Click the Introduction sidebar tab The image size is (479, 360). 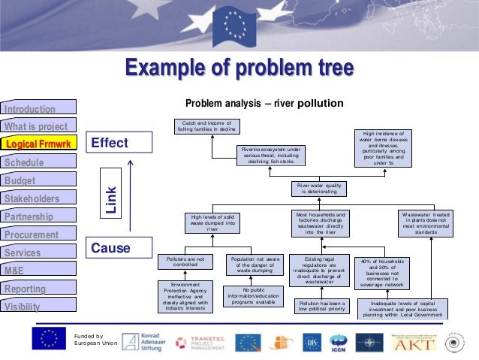[38, 109]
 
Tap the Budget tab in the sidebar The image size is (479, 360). [38, 180]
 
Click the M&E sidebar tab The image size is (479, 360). [38, 271]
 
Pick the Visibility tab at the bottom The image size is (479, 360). [38, 307]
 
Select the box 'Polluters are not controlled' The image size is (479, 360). [185, 262]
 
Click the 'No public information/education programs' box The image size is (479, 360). [249, 295]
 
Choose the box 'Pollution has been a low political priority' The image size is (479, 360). [322, 305]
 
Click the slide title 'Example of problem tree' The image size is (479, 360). [239, 69]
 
